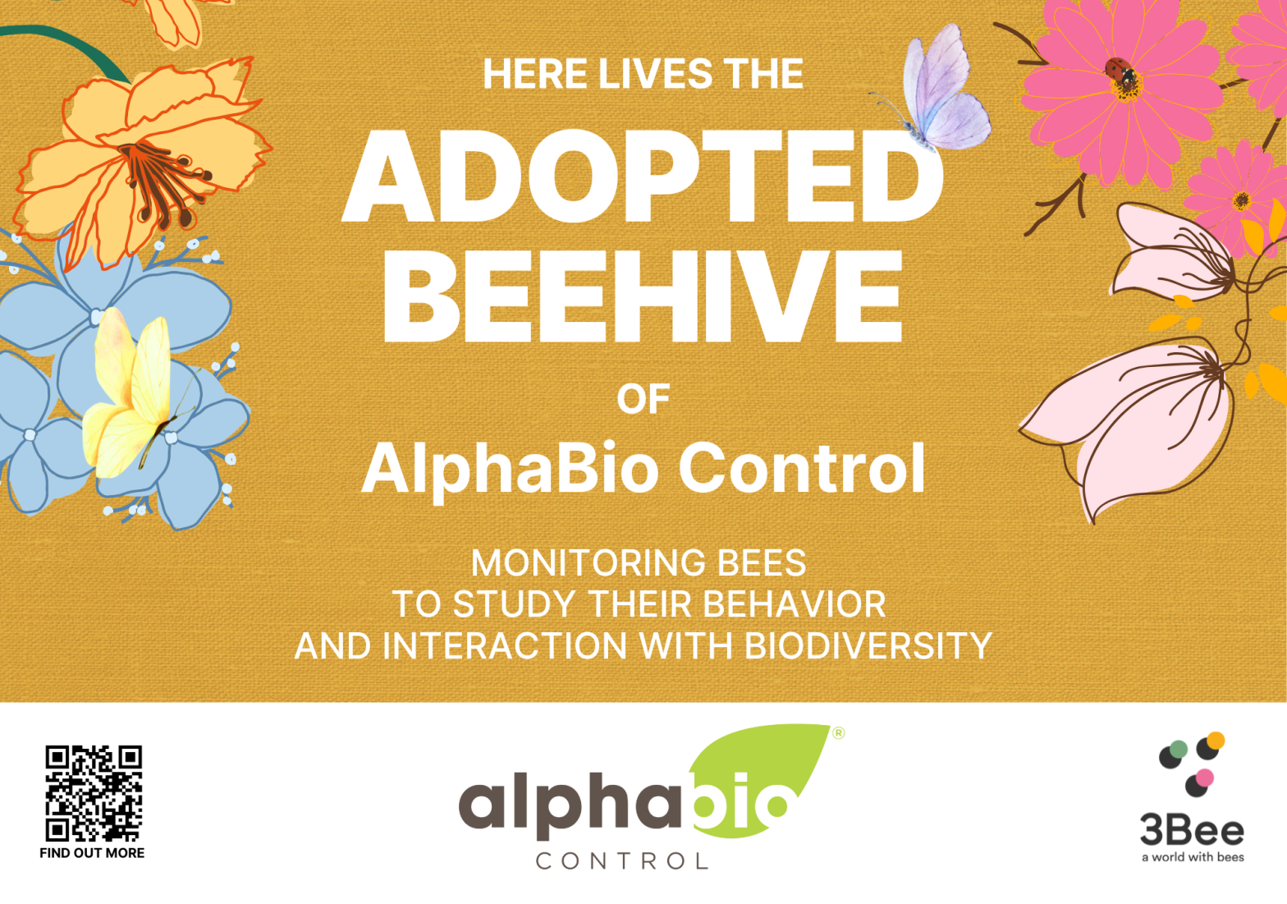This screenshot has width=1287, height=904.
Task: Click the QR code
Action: [94, 793]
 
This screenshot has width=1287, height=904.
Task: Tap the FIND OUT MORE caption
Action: [92, 853]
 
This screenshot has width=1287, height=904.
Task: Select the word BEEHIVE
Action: [642, 296]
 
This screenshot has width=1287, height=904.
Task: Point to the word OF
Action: [643, 399]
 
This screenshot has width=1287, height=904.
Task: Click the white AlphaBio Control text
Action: [643, 468]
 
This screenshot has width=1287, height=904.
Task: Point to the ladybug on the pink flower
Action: [1120, 71]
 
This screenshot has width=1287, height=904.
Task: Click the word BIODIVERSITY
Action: [868, 646]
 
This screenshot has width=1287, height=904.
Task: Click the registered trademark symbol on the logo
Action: [838, 732]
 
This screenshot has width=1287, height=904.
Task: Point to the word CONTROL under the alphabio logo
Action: [621, 861]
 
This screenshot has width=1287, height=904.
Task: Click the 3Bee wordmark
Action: [1192, 830]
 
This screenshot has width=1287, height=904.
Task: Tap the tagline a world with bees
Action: [1193, 857]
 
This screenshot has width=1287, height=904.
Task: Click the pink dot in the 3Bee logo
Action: [1204, 778]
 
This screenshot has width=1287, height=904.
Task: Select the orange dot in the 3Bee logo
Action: [1215, 741]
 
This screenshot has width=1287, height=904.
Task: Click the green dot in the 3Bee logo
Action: [1179, 750]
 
